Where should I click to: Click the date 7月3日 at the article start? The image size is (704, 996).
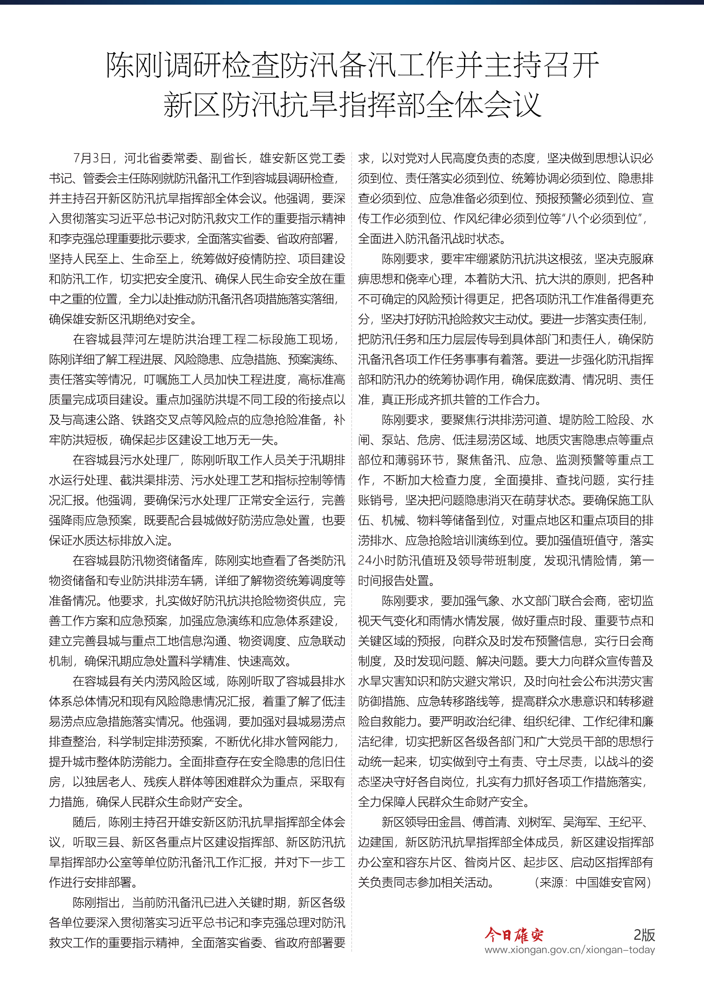point(92,158)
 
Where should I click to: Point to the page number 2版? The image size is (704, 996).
point(644,934)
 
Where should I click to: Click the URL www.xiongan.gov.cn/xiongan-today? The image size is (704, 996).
point(569,950)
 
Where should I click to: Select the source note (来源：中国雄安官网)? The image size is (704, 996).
point(593,883)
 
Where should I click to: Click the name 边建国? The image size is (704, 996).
point(375,842)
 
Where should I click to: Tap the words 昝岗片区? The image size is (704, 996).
point(488,862)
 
